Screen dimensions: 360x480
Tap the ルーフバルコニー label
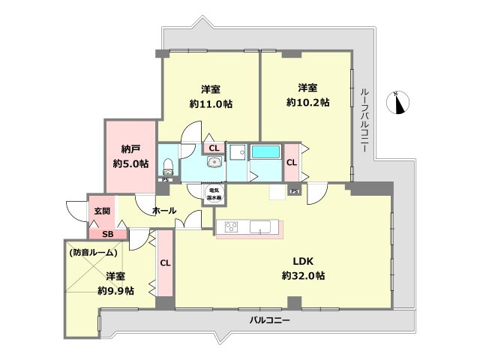[x=364, y=120]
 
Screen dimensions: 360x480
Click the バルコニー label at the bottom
[x=269, y=320]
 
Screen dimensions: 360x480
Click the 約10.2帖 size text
[x=308, y=102]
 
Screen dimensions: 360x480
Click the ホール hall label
[x=164, y=211]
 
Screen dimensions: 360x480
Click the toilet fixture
[x=168, y=165]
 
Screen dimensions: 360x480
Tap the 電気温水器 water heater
[x=214, y=192]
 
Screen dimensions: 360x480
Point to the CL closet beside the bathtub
[x=291, y=161]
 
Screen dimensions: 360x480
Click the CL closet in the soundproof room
[x=165, y=263]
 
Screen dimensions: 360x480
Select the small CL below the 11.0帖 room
[x=214, y=148]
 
